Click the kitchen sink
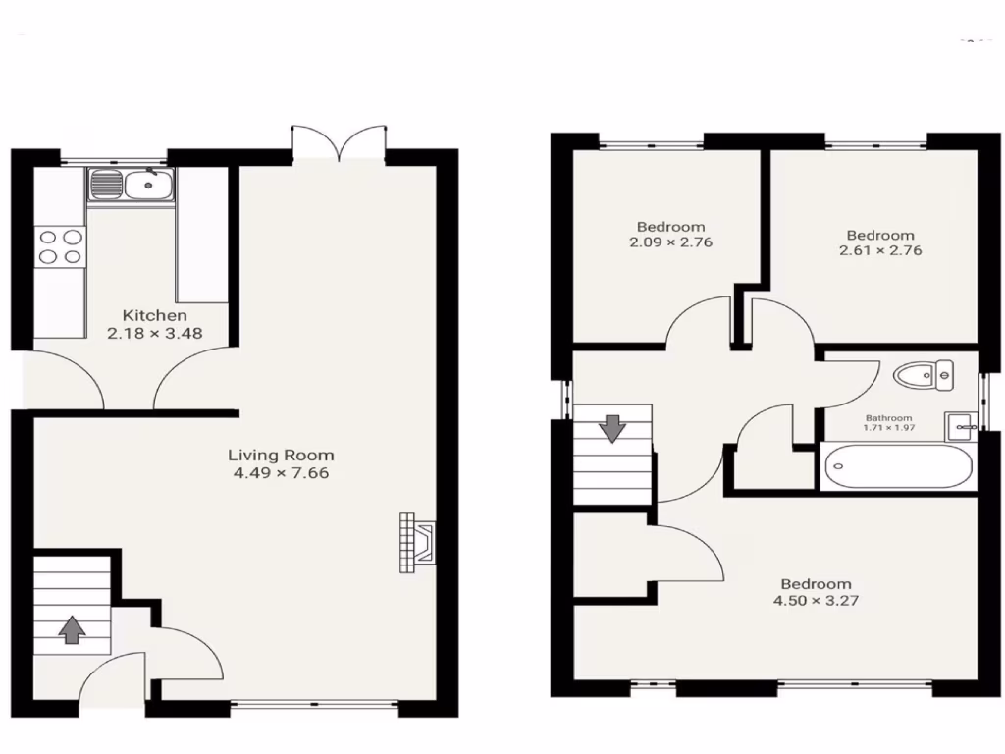(x=131, y=185)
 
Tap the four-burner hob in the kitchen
(x=59, y=246)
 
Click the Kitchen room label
(x=154, y=315)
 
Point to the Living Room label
(x=281, y=455)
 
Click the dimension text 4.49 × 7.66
(x=280, y=473)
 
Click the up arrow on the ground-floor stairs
(x=71, y=628)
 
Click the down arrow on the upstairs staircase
(x=612, y=428)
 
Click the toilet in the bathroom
(x=923, y=373)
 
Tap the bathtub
(x=898, y=467)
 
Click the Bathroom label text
(x=888, y=417)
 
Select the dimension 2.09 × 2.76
(x=670, y=242)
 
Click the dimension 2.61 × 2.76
(x=880, y=250)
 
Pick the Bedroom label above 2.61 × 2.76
(x=880, y=235)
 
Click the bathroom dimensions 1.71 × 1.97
(x=888, y=428)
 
